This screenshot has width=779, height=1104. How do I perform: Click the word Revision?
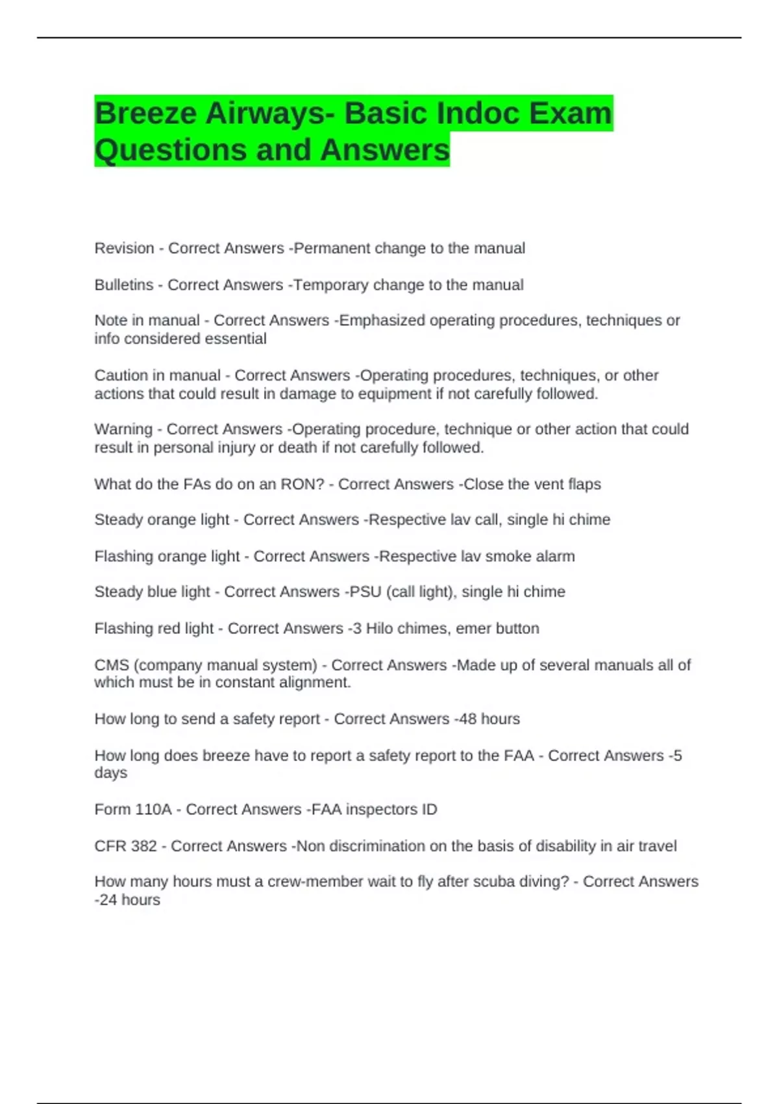(124, 248)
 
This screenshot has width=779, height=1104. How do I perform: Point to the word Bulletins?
(123, 284)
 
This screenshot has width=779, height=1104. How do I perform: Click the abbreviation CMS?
(112, 665)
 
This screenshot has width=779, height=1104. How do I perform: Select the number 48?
(468, 719)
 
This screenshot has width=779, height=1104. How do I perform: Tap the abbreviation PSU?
(365, 592)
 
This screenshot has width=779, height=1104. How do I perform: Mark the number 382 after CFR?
(143, 846)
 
